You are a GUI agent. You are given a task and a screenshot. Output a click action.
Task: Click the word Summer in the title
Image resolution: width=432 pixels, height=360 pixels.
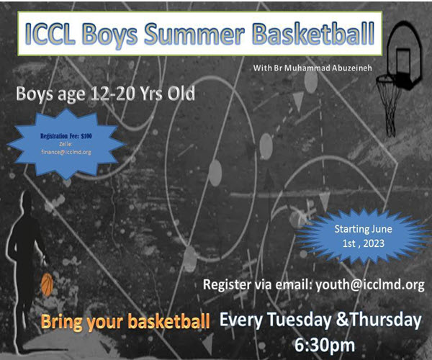pyautogui.click(x=194, y=34)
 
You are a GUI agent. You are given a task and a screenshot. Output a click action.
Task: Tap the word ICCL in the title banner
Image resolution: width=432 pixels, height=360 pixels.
pyautogui.click(x=50, y=34)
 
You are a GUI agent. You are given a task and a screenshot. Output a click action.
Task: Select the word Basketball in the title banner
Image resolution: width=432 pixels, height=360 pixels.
pyautogui.click(x=314, y=34)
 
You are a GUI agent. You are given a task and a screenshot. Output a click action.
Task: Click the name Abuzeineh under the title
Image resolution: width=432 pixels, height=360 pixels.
pyautogui.click(x=351, y=68)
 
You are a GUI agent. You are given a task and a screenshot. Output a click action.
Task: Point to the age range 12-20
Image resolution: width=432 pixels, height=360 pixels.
pyautogui.click(x=112, y=94)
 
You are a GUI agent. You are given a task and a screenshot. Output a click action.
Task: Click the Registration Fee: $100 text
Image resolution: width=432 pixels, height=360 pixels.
pyautogui.click(x=66, y=136)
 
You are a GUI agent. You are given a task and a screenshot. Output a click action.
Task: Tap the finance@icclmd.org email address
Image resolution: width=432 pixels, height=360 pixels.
pyautogui.click(x=66, y=152)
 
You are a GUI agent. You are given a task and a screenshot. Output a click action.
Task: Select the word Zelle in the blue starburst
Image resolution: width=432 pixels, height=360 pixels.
pyautogui.click(x=66, y=144)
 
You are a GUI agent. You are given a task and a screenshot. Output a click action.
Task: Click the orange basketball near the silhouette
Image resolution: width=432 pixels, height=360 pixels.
pyautogui.click(x=47, y=284)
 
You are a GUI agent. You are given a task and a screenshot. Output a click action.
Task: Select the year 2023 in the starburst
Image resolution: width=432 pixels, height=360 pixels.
pyautogui.click(x=374, y=243)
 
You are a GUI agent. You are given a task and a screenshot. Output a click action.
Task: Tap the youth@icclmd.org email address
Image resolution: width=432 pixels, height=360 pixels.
pyautogui.click(x=370, y=285)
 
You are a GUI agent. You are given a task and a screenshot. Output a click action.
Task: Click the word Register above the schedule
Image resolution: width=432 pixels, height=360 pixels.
pyautogui.click(x=228, y=285)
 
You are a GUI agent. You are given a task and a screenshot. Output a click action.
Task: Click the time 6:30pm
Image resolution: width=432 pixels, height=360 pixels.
pyautogui.click(x=325, y=345)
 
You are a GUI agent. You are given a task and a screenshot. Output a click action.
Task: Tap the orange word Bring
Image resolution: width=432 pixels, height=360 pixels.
pyautogui.click(x=61, y=323)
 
